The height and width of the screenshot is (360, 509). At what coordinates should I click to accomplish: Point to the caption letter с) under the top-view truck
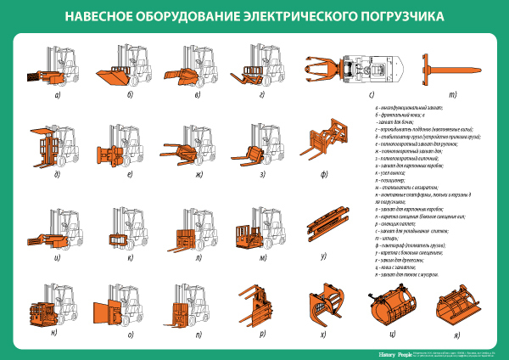(371, 94)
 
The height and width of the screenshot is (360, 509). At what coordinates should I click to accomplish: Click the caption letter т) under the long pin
(452, 94)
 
